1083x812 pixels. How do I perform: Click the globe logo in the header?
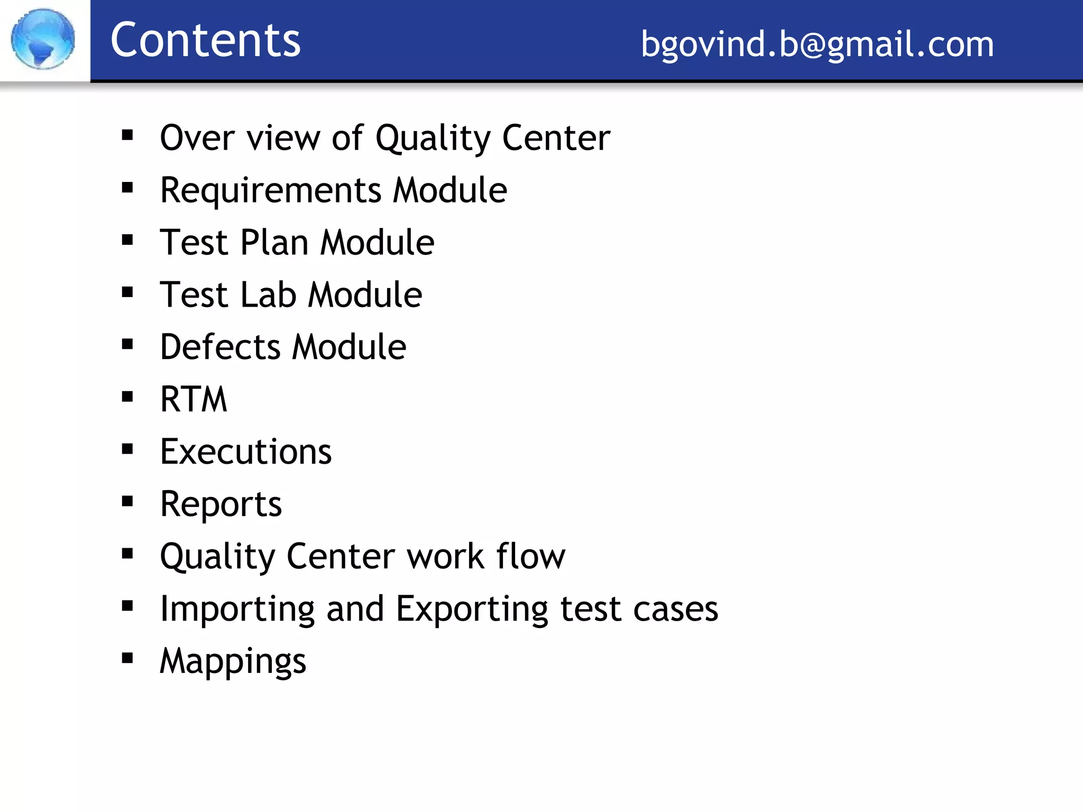(43, 39)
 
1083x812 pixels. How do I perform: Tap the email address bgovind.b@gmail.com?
(817, 43)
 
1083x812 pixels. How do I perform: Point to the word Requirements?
(271, 190)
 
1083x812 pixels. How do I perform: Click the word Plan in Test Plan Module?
(274, 243)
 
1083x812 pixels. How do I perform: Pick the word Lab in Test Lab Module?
(268, 294)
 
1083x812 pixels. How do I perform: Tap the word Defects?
(220, 347)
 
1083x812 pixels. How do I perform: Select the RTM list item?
(194, 399)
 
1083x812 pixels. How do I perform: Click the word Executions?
(246, 452)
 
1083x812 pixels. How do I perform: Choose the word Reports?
(221, 504)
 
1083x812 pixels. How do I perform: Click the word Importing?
(237, 609)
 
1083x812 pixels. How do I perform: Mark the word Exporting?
(472, 609)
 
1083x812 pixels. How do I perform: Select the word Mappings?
(233, 661)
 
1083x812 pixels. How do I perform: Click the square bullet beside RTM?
(127, 396)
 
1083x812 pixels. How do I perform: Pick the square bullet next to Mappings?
(127, 658)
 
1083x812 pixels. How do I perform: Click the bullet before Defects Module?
(127, 344)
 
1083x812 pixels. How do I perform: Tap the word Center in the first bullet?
(556, 138)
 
